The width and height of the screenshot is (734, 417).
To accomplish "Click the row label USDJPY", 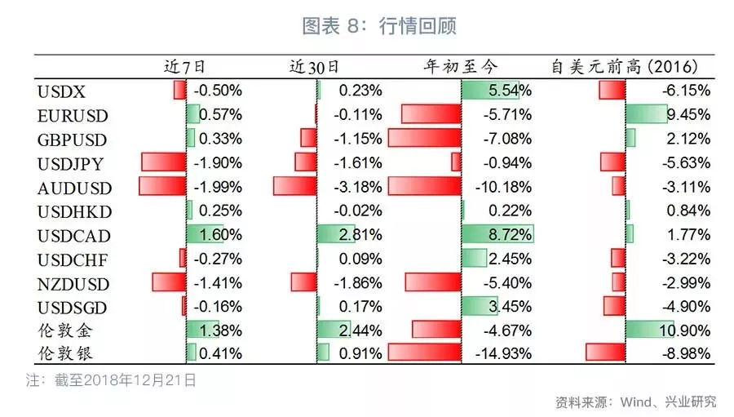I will pos(70,163).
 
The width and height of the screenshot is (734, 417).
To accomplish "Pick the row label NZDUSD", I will pos(73,284).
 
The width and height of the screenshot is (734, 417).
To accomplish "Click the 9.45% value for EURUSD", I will pos(688,114).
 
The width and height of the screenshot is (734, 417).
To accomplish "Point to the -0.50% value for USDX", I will pos(218,91).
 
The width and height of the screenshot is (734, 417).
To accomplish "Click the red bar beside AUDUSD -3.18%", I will pos(294,187).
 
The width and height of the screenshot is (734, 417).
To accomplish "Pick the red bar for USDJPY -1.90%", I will pos(163,162).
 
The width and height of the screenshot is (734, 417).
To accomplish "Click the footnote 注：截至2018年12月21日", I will pos(111,379).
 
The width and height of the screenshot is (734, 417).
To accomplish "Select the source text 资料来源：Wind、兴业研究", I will pos(635,401).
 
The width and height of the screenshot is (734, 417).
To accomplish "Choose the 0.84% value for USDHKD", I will pos(688,211).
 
